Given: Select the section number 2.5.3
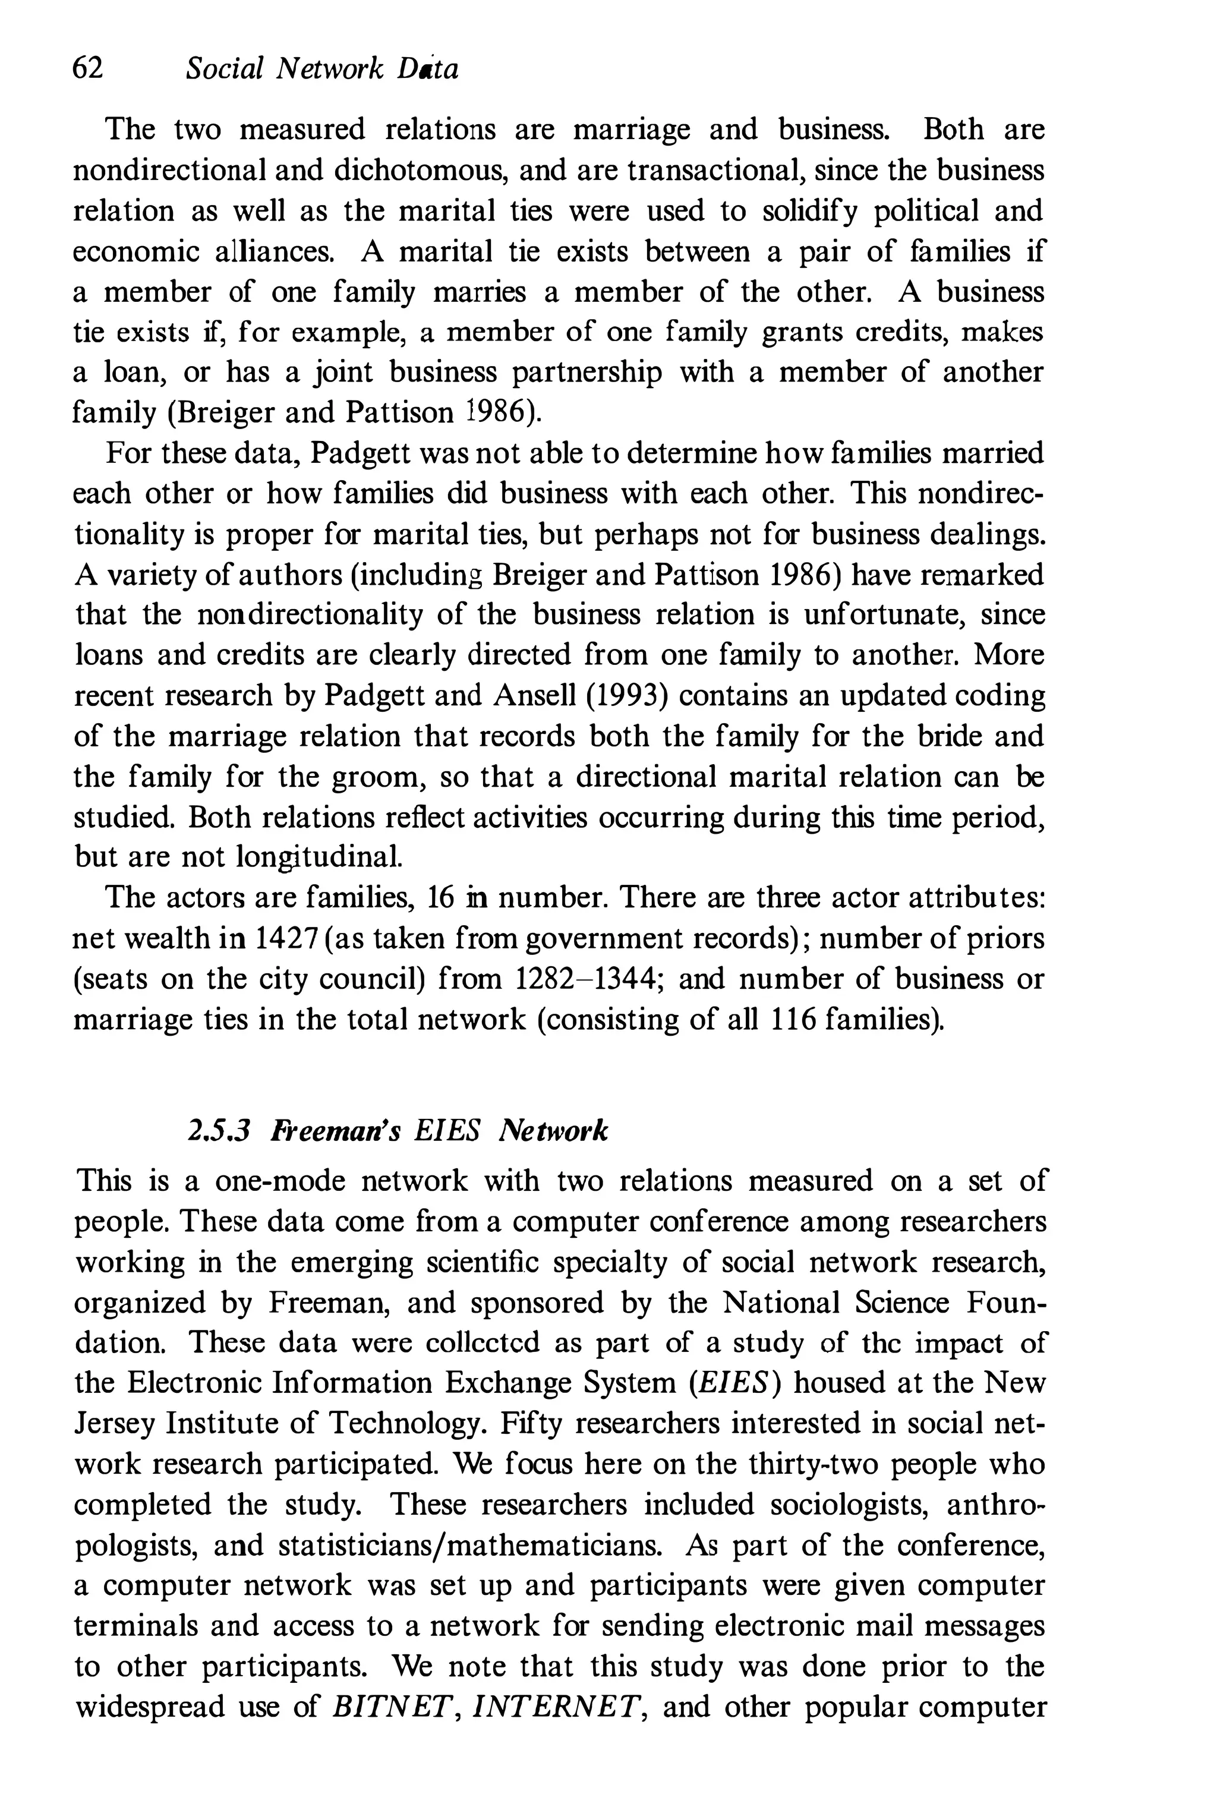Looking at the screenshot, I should [x=219, y=1131].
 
